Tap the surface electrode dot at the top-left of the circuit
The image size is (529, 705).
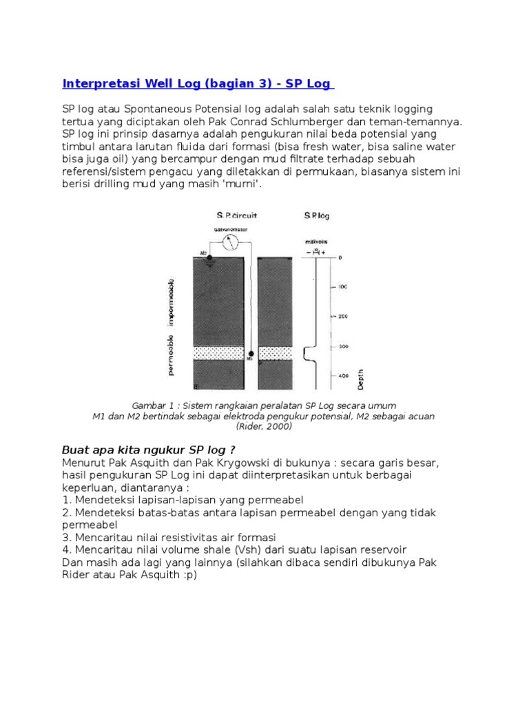(x=200, y=257)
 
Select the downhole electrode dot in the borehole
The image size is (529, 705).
(x=251, y=353)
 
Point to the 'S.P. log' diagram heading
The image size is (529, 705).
(x=317, y=215)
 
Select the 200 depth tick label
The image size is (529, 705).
(x=343, y=316)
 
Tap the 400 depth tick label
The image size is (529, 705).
(x=343, y=376)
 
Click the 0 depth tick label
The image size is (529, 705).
(x=340, y=257)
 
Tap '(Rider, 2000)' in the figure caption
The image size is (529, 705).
(x=264, y=426)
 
